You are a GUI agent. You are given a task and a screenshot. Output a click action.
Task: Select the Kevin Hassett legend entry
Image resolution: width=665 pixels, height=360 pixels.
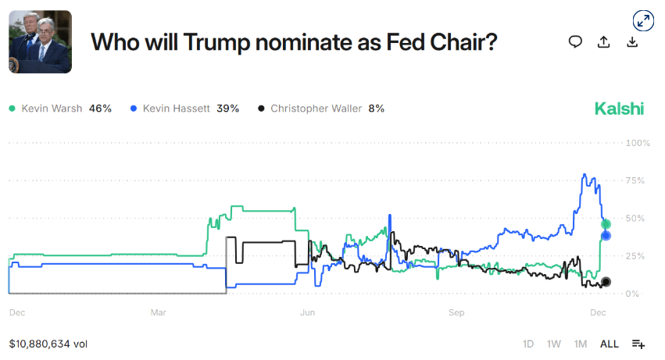point(184,109)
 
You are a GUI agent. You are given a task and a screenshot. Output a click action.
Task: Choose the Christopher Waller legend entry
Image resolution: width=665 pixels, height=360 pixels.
point(320,109)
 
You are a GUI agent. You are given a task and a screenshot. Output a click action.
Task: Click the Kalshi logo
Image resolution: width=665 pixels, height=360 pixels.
point(619,109)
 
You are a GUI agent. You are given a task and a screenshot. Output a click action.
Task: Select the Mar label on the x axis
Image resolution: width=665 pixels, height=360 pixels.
point(158,313)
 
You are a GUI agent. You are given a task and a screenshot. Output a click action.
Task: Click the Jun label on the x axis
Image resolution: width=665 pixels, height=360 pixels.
point(307,313)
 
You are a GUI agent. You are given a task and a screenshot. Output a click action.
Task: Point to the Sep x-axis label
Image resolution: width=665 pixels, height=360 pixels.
point(456,313)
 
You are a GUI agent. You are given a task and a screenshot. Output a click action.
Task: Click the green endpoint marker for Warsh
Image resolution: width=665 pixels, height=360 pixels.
point(606,224)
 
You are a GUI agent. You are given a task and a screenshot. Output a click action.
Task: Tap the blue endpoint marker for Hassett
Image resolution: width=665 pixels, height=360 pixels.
point(606,236)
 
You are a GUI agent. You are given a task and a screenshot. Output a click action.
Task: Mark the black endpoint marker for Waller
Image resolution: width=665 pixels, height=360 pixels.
point(606,282)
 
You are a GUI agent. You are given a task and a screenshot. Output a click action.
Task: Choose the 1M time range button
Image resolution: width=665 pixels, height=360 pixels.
point(581,344)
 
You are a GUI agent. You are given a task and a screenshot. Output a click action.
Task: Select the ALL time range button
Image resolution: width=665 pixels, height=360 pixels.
point(609,344)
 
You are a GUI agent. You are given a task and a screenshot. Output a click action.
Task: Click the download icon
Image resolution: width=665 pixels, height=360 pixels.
point(632,42)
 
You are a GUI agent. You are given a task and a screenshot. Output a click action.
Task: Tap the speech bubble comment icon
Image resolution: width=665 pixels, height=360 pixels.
point(575,42)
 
